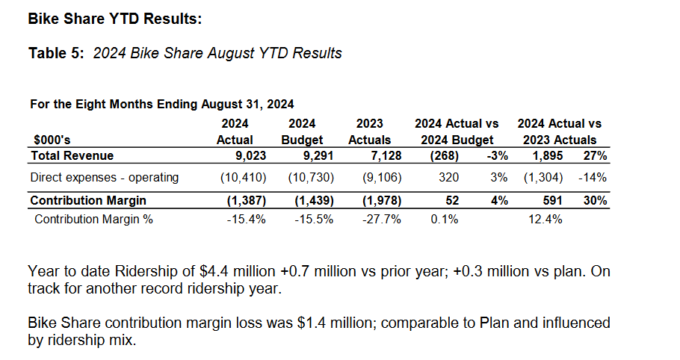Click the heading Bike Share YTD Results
click(114, 19)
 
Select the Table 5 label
click(58, 53)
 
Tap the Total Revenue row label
click(72, 155)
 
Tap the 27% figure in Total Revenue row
click(595, 155)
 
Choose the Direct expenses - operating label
click(104, 178)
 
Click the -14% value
click(593, 178)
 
